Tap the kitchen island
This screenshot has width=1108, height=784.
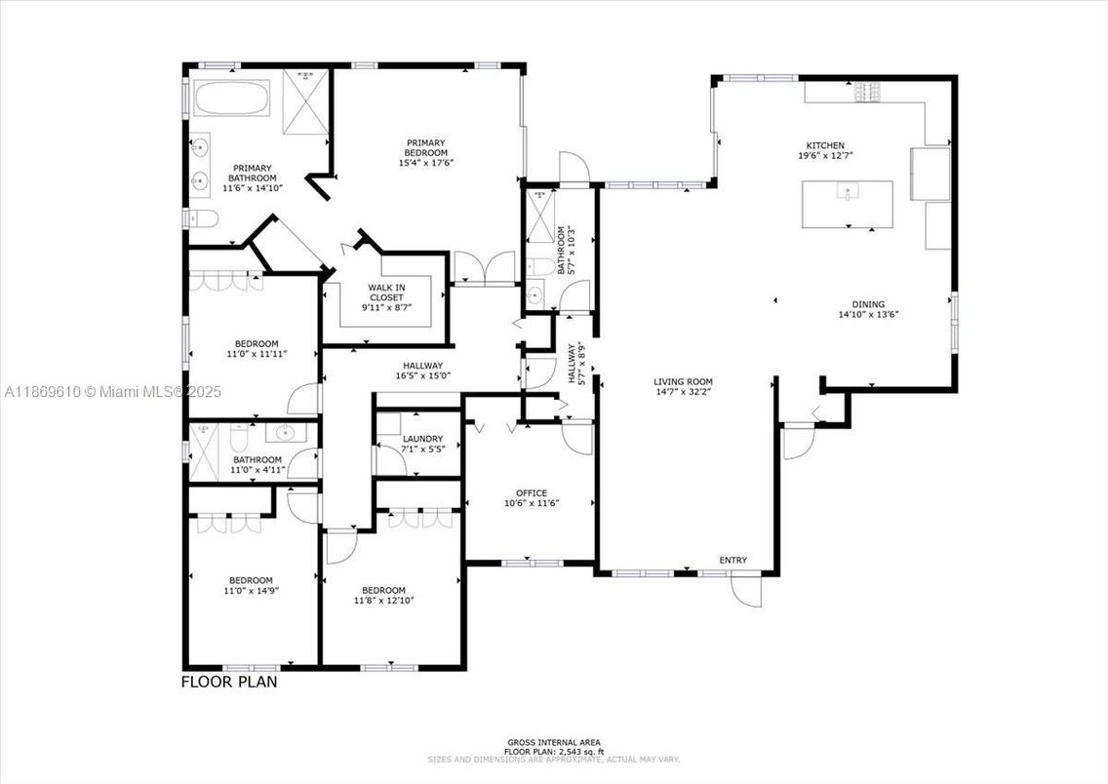[x=847, y=203]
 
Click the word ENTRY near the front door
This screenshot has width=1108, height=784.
[x=732, y=560]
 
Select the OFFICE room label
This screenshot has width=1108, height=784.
[x=532, y=493]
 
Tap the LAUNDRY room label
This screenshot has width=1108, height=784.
[x=422, y=439]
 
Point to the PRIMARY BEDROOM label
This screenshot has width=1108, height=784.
[x=426, y=147]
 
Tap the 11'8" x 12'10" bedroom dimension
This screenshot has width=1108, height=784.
[x=383, y=601]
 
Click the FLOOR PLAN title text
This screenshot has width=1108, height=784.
[x=229, y=682]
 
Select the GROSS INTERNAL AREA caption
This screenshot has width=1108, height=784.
[x=553, y=742]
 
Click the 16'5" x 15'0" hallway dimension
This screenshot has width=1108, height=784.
[x=420, y=375]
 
